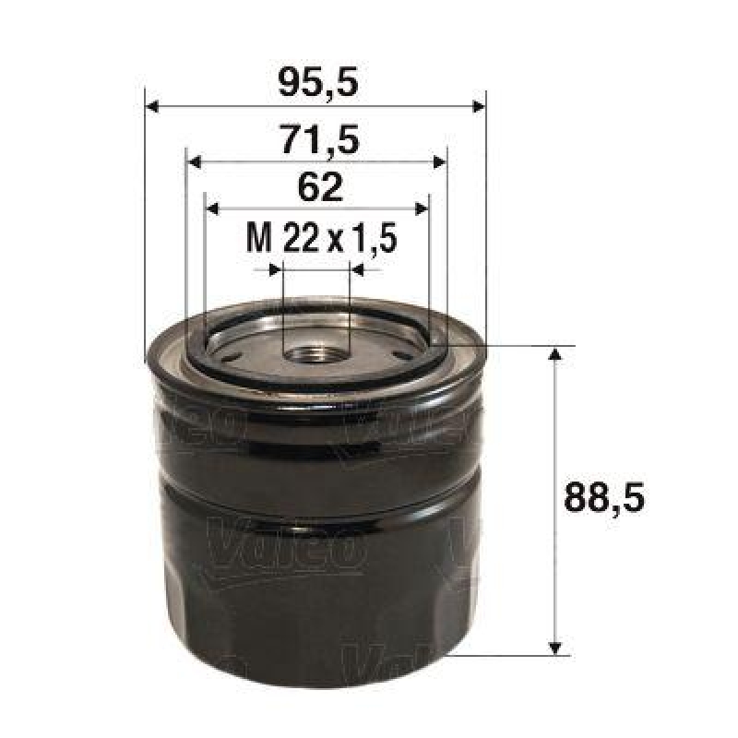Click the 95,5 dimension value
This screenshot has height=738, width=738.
coord(316,85)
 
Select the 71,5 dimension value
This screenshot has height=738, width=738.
coord(316,141)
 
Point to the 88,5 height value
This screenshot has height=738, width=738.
coord(602,499)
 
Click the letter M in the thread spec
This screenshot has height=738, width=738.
coord(259,240)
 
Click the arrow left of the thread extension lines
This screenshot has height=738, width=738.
coord(274,270)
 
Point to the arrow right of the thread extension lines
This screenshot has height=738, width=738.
coord(359,270)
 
